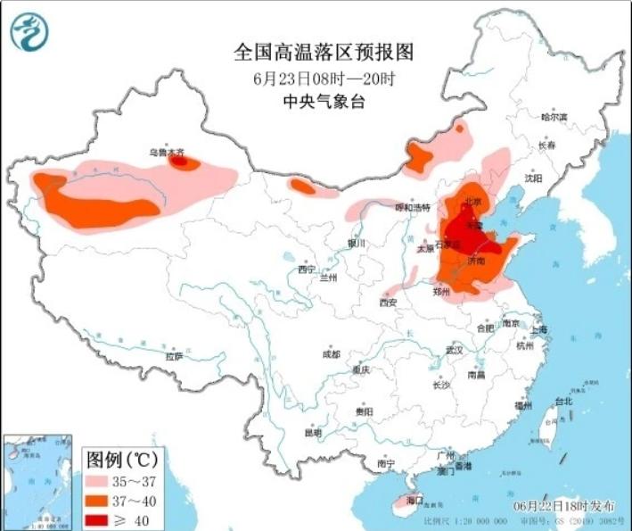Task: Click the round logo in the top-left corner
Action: (29, 31)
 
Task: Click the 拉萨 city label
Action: (174, 356)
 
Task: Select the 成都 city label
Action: (331, 354)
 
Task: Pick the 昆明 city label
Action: (312, 433)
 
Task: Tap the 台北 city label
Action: (563, 401)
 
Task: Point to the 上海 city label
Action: (538, 329)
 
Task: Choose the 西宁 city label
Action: (307, 269)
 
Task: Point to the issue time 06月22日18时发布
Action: (563, 505)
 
